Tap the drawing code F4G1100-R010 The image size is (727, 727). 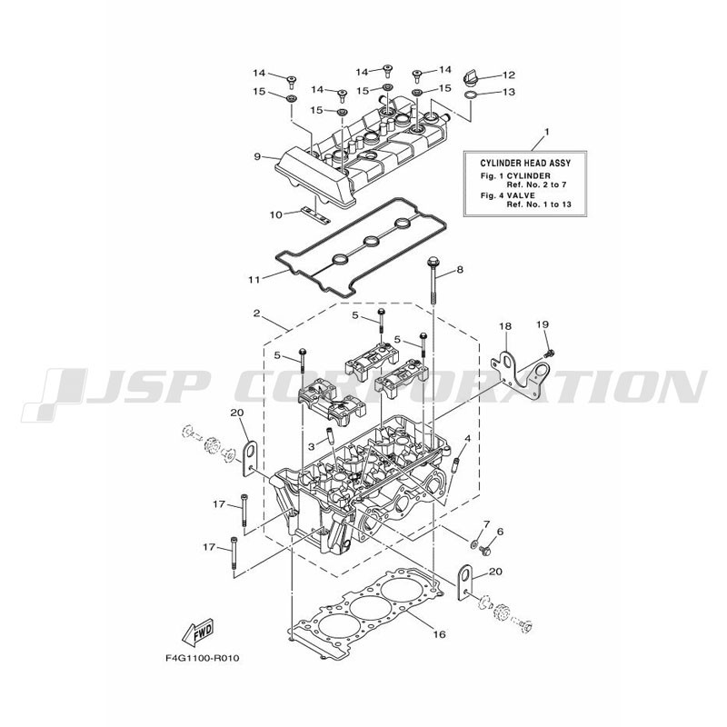(202, 658)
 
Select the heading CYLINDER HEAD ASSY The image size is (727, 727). (525, 164)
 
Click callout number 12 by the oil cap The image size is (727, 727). (509, 75)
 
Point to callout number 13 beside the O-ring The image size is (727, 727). (509, 92)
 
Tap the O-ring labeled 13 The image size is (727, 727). (471, 96)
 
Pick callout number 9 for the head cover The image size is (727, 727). (257, 156)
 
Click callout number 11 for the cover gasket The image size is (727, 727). (254, 280)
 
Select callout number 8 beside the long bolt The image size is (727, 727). (460, 269)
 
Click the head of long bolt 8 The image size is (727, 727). (433, 259)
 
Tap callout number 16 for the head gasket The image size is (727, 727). (439, 633)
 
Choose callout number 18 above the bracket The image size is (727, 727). (505, 326)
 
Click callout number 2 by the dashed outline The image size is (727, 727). (256, 314)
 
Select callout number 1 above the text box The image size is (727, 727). (547, 132)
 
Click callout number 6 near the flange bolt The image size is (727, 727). (500, 532)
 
